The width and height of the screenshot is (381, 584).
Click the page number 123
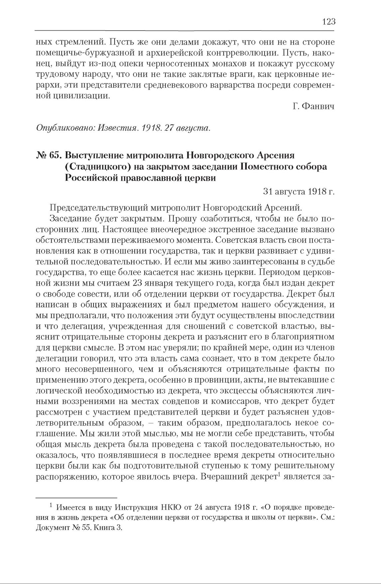click(x=328, y=22)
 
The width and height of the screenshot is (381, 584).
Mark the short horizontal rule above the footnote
click(x=76, y=498)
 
